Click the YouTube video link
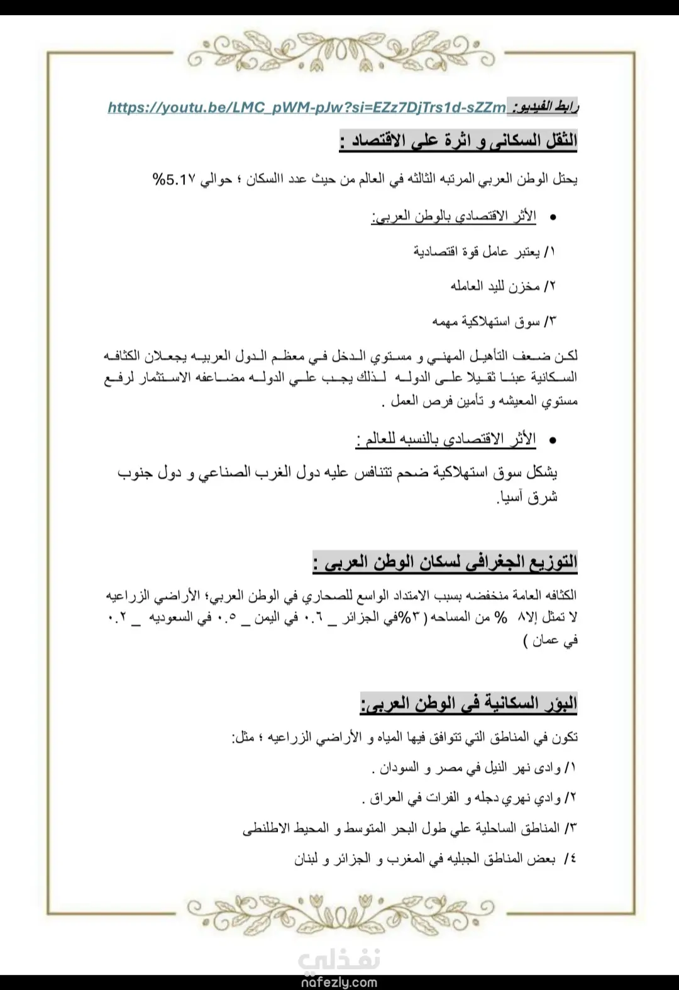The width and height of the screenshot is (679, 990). pos(307,108)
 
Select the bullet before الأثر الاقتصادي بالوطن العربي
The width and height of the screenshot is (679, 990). pos(553,218)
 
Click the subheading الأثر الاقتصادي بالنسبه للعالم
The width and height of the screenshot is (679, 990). pos(446,439)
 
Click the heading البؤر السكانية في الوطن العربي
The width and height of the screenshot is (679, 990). pos(469,704)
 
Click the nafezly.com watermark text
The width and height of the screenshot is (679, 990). pos(339,982)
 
